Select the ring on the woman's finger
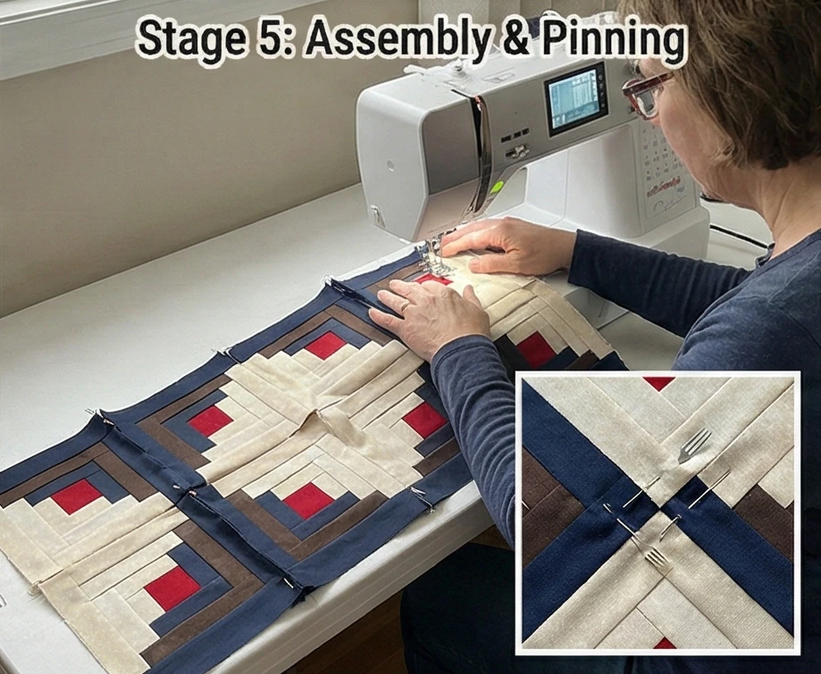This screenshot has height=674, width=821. (405, 305)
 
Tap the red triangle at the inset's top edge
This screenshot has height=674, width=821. (659, 383)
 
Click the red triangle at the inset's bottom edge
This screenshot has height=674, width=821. (663, 643)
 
